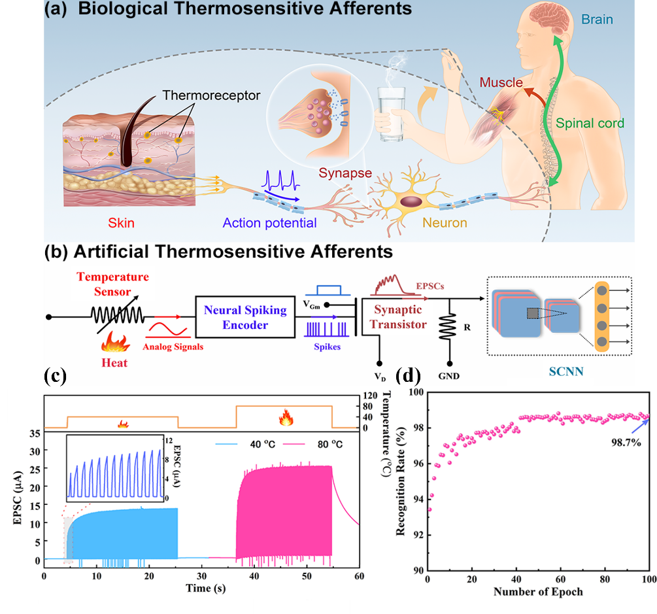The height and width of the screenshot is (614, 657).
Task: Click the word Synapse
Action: pos(346,174)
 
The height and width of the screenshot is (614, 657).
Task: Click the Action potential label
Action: pos(269,223)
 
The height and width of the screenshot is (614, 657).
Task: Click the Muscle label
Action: pos(501,83)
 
